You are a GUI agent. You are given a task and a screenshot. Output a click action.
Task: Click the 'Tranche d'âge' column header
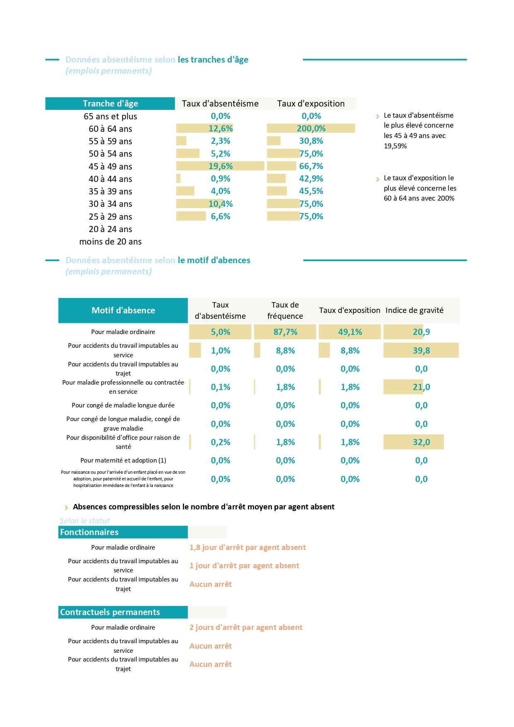110,104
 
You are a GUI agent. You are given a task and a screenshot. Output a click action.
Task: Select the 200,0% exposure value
311,128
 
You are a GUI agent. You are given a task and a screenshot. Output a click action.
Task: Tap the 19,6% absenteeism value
221,166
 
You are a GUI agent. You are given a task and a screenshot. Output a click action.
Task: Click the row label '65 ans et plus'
110,116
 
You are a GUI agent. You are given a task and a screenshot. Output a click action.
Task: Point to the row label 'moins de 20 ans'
110,242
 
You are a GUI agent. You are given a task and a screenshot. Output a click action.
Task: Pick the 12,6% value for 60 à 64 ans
221,128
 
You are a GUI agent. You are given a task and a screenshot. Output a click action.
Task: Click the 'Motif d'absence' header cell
123,310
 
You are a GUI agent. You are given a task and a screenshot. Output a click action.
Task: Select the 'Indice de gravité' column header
415,310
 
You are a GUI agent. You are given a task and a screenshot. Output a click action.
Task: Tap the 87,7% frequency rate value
285,332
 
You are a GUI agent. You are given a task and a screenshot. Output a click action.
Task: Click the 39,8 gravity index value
421,351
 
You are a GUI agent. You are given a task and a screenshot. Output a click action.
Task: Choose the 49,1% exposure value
350,332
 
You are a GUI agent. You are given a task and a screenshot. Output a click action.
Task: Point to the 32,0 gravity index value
421,442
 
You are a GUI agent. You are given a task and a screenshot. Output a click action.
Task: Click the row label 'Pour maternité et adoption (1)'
123,460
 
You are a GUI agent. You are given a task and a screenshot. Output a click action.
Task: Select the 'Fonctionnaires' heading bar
123,532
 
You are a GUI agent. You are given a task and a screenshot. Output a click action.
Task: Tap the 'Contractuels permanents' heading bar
123,612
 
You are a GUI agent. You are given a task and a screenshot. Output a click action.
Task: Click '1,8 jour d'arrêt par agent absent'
247,548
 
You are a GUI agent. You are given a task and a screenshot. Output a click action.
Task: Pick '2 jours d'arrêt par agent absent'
246,628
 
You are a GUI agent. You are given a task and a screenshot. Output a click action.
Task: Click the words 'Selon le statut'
85,521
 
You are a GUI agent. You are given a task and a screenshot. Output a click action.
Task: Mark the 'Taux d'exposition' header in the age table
311,104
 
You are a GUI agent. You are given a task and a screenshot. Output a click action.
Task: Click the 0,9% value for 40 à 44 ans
221,179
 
